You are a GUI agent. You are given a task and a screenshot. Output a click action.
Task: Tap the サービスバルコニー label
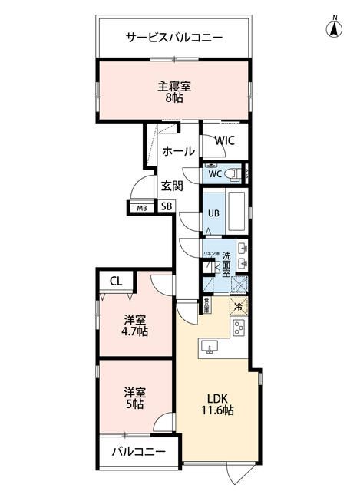tap(174, 37)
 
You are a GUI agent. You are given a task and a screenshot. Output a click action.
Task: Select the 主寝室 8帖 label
tap(174, 91)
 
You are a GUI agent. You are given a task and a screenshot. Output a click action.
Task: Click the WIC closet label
tap(225, 140)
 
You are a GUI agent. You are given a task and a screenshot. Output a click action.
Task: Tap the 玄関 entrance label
tap(172, 185)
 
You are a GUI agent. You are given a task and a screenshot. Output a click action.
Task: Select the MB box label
tap(142, 207)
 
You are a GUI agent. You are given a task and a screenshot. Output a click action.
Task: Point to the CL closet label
tap(115, 282)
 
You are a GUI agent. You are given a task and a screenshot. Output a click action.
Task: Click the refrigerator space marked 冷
tap(239, 306)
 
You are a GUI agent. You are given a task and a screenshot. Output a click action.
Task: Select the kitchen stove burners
tap(239, 328)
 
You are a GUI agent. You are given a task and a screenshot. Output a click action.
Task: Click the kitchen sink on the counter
tap(209, 347)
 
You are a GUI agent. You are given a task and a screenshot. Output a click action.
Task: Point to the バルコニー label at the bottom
tap(139, 452)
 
